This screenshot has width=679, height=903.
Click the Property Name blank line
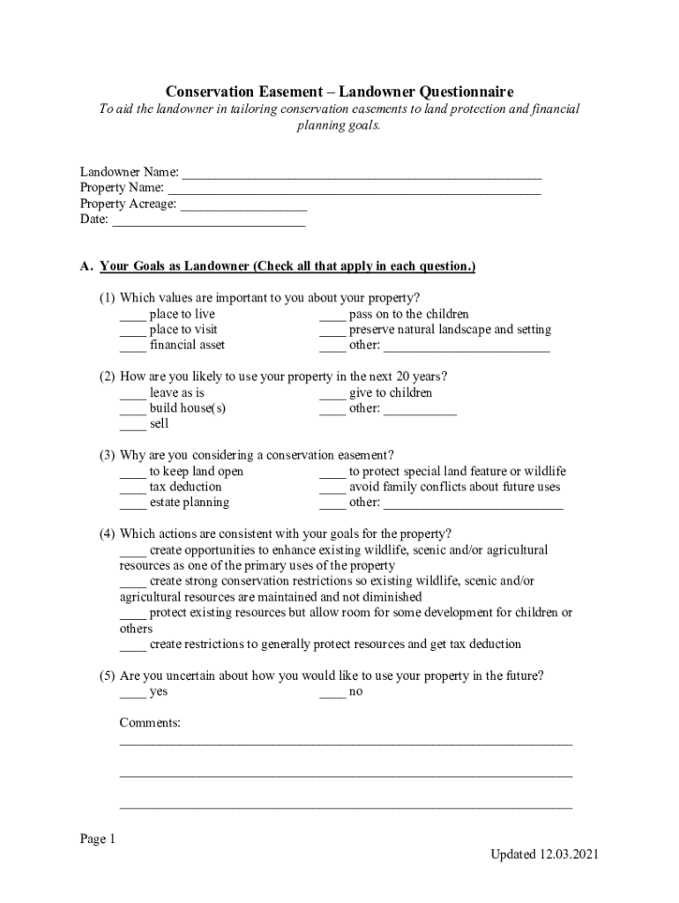point(354,189)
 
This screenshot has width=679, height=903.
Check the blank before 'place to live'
point(132,315)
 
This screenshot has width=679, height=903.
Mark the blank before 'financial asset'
point(132,347)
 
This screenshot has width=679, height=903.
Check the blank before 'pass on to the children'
point(332,315)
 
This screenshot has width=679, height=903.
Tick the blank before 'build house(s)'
point(132,409)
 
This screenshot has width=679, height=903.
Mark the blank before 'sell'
point(132,425)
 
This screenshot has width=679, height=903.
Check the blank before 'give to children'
point(332,393)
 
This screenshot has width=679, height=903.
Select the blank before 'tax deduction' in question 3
point(132,488)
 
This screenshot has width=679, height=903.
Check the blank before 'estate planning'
point(132,504)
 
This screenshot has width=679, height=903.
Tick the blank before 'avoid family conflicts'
point(332,488)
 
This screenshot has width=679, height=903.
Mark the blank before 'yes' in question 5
point(132,692)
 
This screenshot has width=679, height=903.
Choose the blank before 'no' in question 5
point(332,692)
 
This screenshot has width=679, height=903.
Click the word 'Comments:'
point(150,723)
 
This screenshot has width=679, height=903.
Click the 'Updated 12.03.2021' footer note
point(547,854)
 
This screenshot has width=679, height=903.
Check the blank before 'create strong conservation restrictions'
point(132,582)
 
